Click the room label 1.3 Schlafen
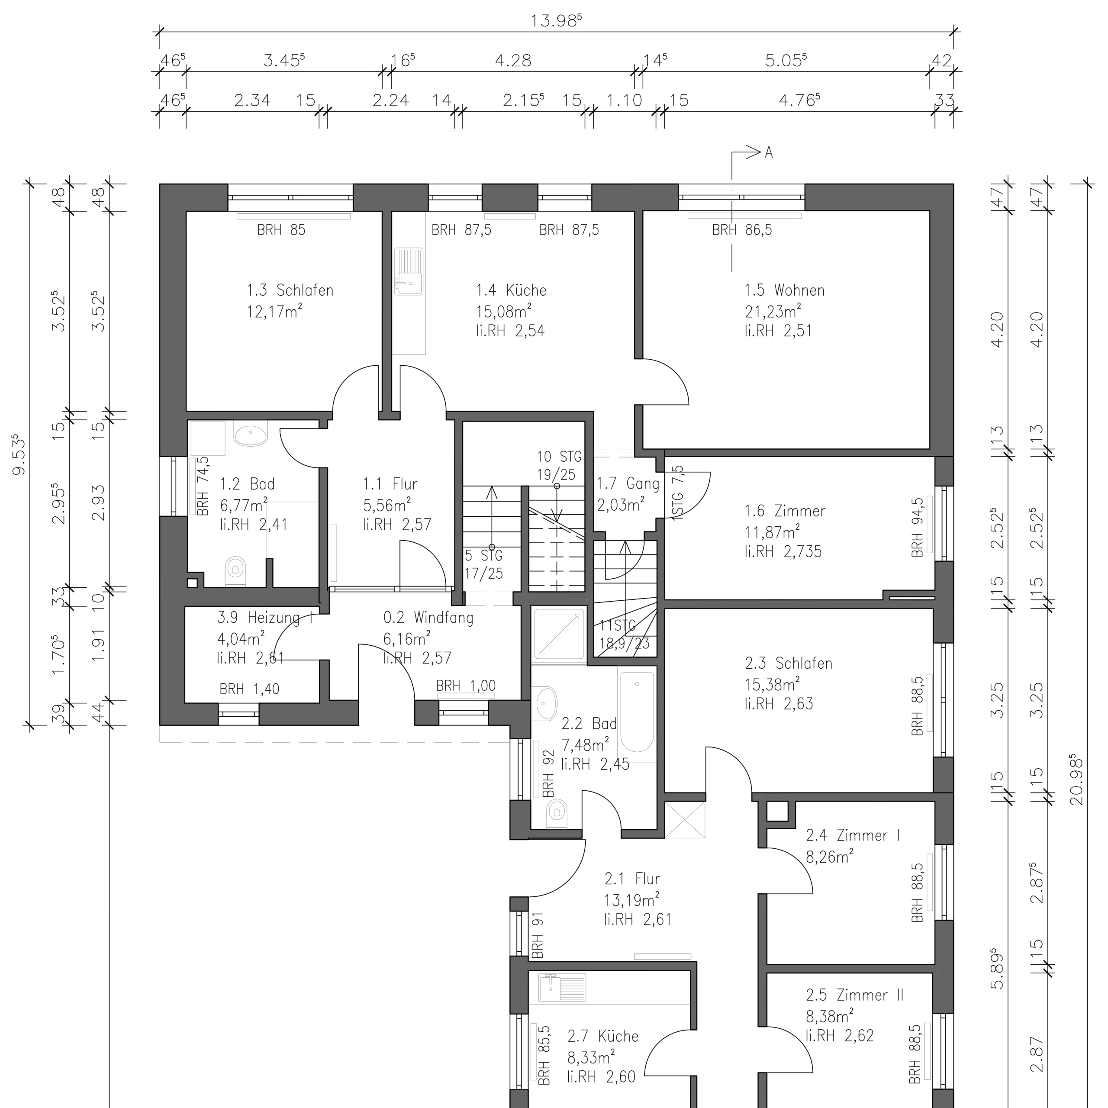point(290,290)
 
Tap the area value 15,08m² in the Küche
point(503,311)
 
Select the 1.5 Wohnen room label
point(785,290)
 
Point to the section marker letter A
point(769,152)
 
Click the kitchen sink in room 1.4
point(409,271)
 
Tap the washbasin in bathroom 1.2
point(251,434)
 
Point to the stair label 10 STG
point(559,457)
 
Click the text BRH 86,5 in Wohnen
point(742,230)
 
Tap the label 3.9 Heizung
point(265,618)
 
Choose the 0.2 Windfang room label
point(428,618)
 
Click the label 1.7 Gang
point(628,483)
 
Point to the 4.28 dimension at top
point(513,60)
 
